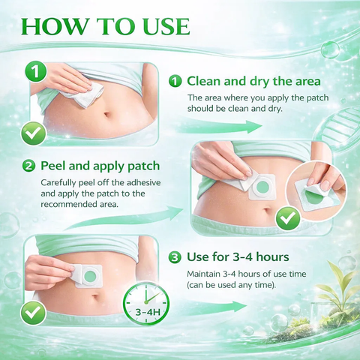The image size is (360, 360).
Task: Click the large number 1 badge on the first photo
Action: coord(36,71)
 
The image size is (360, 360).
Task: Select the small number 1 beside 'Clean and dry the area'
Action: coord(175,82)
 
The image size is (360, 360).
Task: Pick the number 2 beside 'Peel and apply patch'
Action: coord(28,166)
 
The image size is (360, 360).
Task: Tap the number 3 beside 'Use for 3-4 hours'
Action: coord(175,257)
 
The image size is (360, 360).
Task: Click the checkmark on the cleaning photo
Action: coord(34,134)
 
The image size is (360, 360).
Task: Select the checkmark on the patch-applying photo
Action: coord(288,219)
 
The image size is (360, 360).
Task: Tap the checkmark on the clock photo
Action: coord(33,313)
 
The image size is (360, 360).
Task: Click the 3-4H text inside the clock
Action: coord(148,312)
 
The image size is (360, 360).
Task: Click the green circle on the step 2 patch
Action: coord(262,187)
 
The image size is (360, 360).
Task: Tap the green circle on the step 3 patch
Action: coord(90,276)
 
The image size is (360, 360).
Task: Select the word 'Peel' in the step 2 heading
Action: coord(53,166)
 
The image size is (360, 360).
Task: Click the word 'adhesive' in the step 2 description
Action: coord(143,182)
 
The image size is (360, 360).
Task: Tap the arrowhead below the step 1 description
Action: coord(253,127)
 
